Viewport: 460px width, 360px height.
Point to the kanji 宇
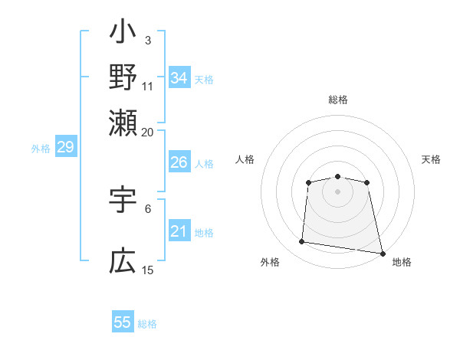pos(123,200)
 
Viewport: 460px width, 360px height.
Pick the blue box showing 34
pos(179,78)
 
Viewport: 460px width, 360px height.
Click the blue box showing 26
pos(179,162)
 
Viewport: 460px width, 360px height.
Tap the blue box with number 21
pos(179,232)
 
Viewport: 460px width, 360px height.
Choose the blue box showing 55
pos(123,322)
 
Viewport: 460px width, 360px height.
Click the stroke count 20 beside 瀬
pos(147,132)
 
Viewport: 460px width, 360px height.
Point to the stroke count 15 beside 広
pos(147,270)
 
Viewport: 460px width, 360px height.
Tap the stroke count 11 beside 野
pos(147,86)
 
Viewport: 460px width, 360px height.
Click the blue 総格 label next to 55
pos(147,324)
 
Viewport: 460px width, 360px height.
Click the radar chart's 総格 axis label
pos(337,100)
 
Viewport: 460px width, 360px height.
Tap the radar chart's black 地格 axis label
pos(402,262)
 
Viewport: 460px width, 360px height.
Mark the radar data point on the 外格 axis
pos(302,242)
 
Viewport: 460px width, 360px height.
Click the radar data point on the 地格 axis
pos(382,253)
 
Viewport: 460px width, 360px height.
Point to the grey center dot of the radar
pos(337,191)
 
